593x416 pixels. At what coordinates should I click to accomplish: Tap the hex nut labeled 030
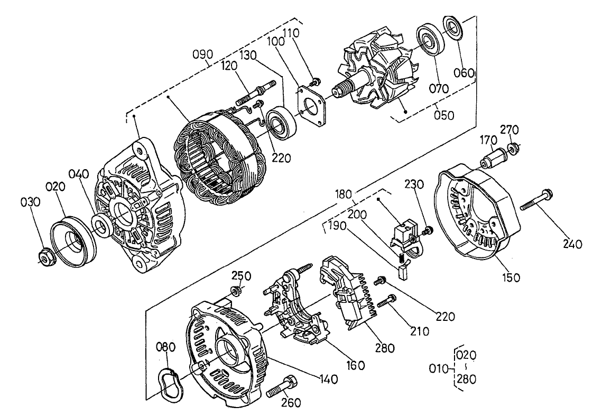tap(44, 257)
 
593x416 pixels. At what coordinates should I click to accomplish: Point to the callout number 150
tap(511, 277)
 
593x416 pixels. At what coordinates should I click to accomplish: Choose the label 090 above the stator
tap(202, 54)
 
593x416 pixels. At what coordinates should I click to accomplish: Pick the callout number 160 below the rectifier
tap(355, 365)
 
